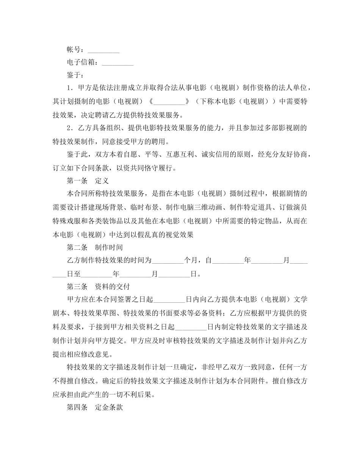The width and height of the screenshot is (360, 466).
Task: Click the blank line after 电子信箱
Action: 118,63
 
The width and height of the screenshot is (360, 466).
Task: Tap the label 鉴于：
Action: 75,75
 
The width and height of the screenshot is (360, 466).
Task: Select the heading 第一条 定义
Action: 88,181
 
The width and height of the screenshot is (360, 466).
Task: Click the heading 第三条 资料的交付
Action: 98,287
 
